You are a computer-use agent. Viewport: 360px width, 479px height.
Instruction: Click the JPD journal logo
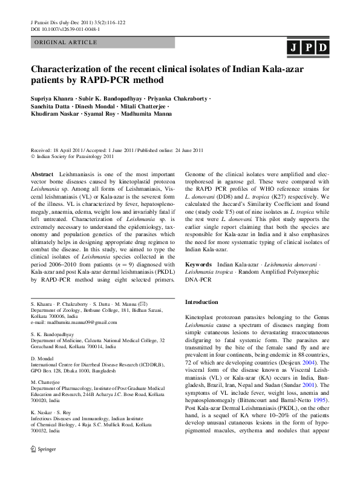[x=308, y=48]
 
